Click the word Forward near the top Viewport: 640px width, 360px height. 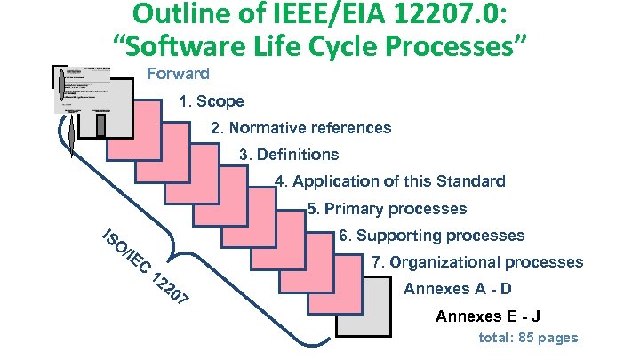(x=178, y=74)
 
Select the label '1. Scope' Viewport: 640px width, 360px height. (x=211, y=101)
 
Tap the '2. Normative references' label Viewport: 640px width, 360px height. (x=300, y=128)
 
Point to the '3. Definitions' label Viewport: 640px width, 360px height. (x=289, y=155)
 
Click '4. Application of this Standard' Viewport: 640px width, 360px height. (x=390, y=181)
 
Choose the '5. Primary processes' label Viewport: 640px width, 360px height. (x=386, y=209)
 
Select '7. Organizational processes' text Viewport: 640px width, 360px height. (x=476, y=262)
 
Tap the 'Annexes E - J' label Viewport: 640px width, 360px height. (x=489, y=317)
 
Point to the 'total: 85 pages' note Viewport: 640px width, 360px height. (x=528, y=338)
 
